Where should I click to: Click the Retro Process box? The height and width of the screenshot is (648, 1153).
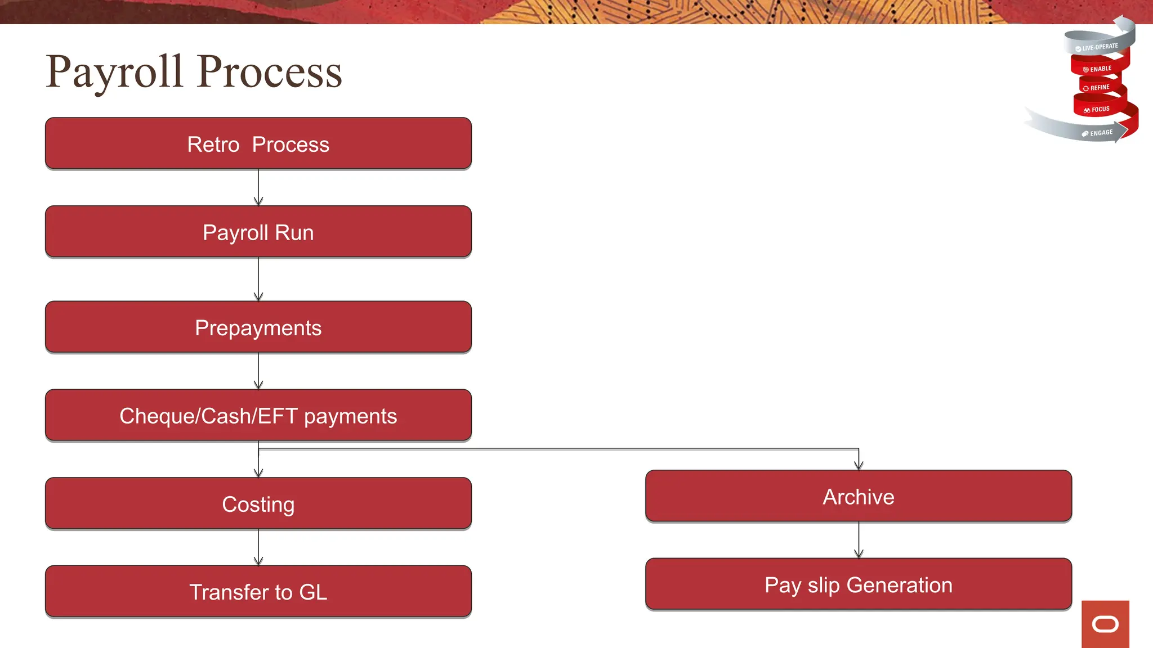tap(258, 143)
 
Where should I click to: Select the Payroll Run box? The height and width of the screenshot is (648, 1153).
tap(258, 232)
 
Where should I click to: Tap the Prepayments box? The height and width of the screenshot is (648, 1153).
tap(258, 327)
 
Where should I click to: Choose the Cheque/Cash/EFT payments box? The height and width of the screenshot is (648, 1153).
tap(258, 415)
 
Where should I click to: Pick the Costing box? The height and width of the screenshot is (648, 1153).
tap(258, 503)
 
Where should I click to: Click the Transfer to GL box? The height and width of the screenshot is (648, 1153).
tap(258, 591)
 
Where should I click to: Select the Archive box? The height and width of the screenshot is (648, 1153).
tap(858, 496)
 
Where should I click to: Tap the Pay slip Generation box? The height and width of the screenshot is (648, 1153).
tap(858, 584)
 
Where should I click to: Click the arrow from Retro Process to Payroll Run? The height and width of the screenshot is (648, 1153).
tap(258, 187)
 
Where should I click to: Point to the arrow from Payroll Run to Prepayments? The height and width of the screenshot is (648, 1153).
tap(258, 279)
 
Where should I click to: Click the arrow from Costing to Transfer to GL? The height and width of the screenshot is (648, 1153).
tap(258, 547)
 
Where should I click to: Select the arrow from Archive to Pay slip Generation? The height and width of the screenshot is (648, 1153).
tap(859, 540)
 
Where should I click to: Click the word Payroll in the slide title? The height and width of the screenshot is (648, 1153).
tap(115, 72)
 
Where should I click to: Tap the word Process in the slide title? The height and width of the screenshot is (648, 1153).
tap(270, 72)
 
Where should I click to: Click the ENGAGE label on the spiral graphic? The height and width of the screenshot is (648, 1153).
tap(1101, 133)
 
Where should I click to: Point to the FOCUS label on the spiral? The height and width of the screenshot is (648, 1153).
tap(1100, 109)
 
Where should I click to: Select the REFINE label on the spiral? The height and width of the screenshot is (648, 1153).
tap(1100, 88)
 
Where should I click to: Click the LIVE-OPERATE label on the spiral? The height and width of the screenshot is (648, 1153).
tap(1100, 47)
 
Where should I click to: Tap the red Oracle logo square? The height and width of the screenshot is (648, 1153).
tap(1105, 624)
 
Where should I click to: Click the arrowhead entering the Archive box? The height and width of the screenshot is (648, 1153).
tap(859, 465)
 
